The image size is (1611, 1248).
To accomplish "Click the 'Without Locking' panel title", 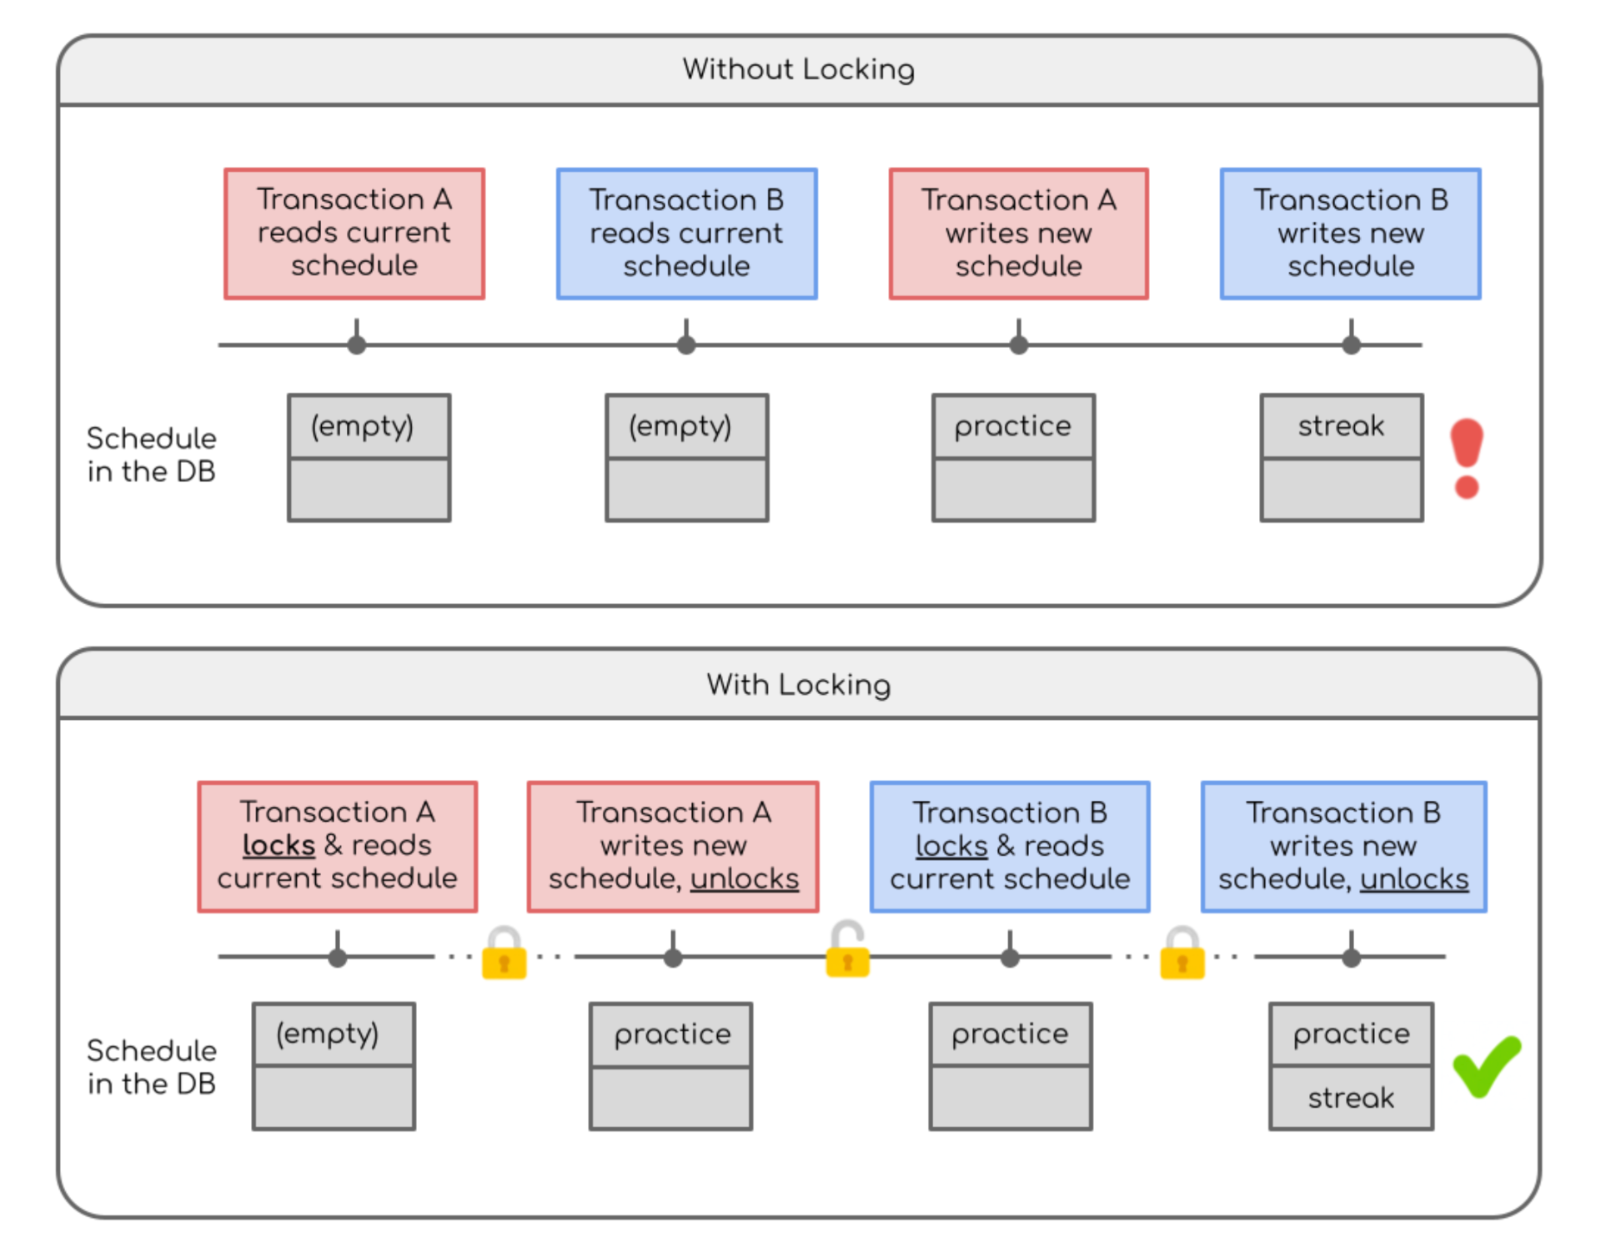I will (798, 69).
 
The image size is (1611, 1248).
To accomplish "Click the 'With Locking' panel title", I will (798, 685).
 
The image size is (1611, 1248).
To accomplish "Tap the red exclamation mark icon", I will (1467, 458).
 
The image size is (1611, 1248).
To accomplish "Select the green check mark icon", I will (1486, 1066).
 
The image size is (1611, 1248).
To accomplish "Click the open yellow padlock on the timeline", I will (847, 951).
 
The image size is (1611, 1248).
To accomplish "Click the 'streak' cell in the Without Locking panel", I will (1341, 426).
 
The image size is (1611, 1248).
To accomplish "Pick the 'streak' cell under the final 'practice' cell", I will (1351, 1098).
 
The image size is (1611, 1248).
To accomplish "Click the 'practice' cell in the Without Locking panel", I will (1012, 426).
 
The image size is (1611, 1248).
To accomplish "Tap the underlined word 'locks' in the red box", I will (279, 845).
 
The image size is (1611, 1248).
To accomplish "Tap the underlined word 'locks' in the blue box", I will (951, 846).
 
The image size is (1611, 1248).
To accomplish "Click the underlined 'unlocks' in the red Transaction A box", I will (745, 878).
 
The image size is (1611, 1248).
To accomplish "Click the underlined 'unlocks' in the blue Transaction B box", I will (1414, 879).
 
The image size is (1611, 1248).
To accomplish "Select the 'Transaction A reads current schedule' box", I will (354, 233).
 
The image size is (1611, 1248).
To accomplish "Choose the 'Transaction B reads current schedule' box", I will (686, 234).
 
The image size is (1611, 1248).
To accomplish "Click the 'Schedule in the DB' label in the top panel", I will (151, 455).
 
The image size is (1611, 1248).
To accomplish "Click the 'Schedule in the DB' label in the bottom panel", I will (151, 1067).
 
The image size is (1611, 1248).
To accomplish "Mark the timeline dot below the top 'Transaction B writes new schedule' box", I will (1351, 344).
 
